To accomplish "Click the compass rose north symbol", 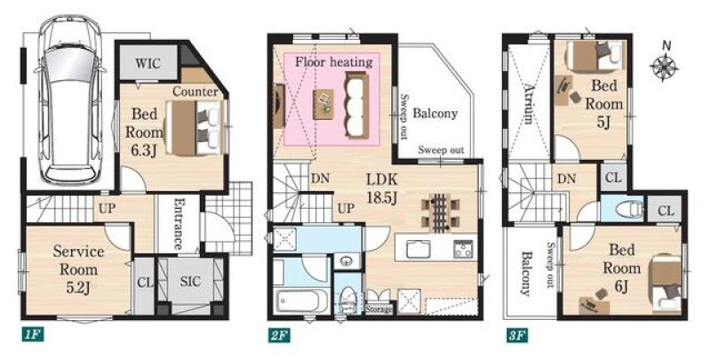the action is (x=664, y=63).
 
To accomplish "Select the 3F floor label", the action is (x=517, y=335).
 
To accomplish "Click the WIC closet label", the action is (x=148, y=63).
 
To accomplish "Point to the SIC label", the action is (x=190, y=282).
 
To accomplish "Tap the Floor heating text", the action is (x=334, y=61).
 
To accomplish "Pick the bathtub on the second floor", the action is (x=303, y=300).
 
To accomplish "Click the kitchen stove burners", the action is (x=463, y=249).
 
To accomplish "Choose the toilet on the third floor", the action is (x=630, y=209).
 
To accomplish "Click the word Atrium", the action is (x=528, y=103).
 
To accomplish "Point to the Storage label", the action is (x=379, y=309).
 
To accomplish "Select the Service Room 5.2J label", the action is (x=78, y=269).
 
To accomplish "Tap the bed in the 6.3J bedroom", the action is (x=196, y=128).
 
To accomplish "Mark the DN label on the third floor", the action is (x=567, y=179).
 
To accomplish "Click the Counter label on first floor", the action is (x=195, y=92).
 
